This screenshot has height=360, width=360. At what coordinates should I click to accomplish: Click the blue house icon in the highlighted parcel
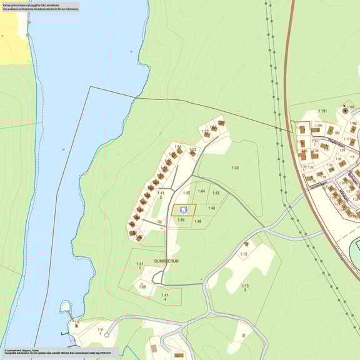click(183, 211)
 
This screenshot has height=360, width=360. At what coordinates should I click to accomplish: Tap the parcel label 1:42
click(235, 167)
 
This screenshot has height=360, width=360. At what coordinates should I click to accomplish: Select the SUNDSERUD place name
click(166, 261)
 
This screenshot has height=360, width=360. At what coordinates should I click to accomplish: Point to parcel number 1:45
click(186, 193)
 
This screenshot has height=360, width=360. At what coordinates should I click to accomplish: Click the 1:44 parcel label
click(201, 191)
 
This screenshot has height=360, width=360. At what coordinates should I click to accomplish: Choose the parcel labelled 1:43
click(216, 193)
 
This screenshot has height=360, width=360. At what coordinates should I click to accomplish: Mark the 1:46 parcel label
click(211, 208)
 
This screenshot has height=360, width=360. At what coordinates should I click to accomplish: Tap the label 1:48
click(197, 221)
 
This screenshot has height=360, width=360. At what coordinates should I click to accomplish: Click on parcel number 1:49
click(181, 220)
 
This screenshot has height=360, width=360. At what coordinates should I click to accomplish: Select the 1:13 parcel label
click(244, 254)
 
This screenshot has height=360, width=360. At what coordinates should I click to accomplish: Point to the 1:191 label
click(322, 111)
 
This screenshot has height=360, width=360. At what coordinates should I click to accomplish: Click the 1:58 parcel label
click(142, 287)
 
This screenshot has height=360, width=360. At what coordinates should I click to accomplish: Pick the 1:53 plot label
click(192, 149)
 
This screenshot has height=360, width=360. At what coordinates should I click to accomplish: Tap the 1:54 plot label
click(177, 147)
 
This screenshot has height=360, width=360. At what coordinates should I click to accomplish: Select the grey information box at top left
click(40, 7)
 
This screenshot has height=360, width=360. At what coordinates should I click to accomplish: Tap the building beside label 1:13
click(246, 244)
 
